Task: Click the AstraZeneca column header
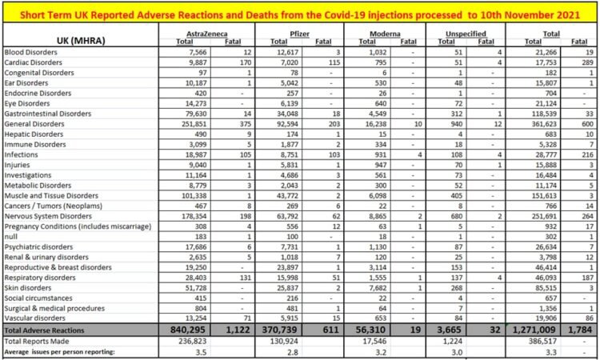click(x=201, y=33)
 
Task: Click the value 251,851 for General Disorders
click(x=196, y=125)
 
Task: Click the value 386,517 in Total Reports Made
click(x=542, y=339)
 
